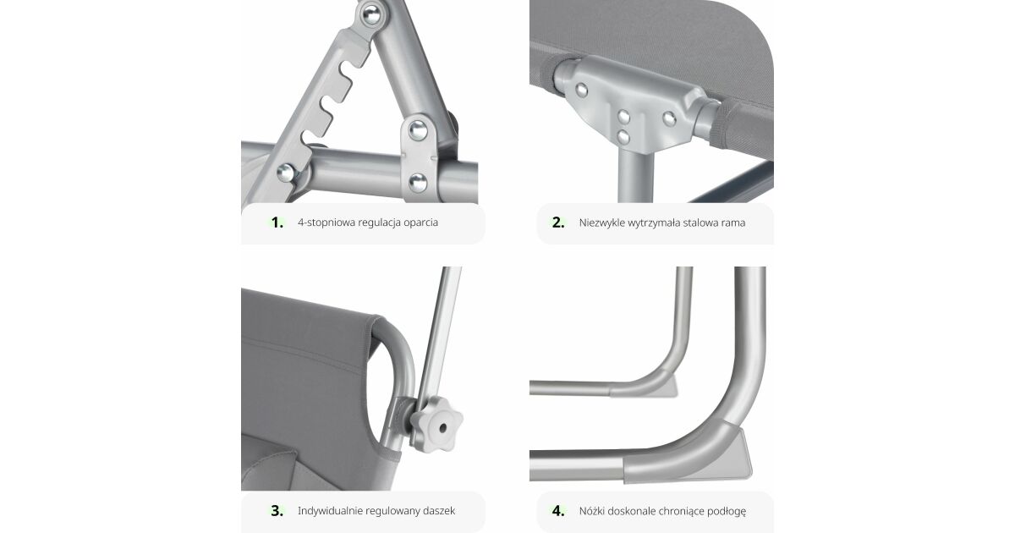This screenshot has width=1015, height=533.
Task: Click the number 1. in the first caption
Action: point(277,223)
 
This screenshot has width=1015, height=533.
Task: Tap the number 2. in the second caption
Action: point(558,223)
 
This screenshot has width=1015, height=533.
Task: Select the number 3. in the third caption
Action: point(277,511)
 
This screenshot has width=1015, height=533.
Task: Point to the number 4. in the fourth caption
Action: point(558,511)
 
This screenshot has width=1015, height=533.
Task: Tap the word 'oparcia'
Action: point(421,223)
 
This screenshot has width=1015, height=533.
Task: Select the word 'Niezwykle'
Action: point(601,223)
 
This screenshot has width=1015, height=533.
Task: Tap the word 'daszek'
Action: point(439,511)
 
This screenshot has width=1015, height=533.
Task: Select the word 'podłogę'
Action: point(727,511)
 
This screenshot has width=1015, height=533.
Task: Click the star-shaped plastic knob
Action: point(436,425)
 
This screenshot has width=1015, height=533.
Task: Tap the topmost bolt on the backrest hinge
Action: point(371,14)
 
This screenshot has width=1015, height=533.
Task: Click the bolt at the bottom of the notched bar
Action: point(286,173)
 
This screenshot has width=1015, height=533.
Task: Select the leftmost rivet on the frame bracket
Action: point(581,90)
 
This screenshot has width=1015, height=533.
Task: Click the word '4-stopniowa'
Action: point(326,223)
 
